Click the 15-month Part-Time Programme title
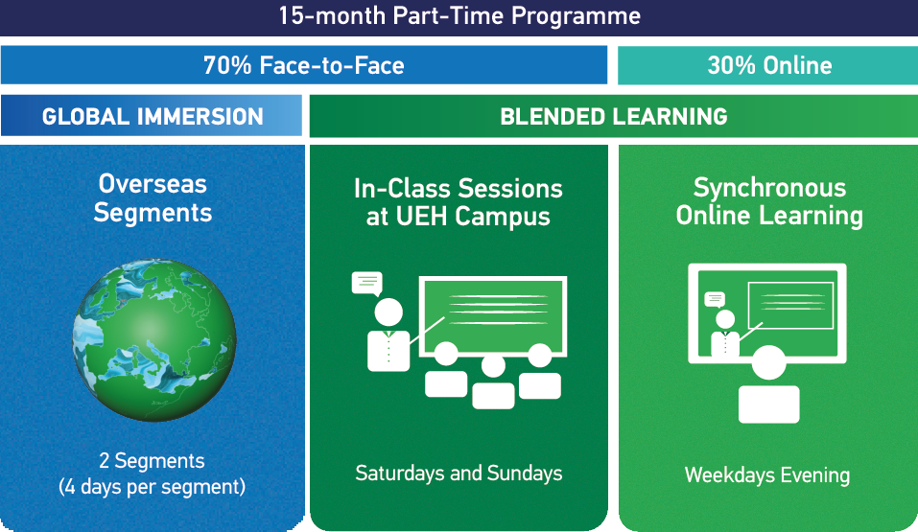459,16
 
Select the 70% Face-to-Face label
303,66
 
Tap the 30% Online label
768,66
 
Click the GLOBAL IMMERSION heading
153,117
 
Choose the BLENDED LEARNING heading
613,117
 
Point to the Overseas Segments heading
153,198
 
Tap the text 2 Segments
153,461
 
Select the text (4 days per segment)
153,487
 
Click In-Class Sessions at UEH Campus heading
459,202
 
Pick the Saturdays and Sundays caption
459,473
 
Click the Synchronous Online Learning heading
768,201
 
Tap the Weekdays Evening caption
767,475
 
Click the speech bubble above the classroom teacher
366,283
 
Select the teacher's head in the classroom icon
388,312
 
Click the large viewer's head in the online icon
768,364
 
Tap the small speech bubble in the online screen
715,299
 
